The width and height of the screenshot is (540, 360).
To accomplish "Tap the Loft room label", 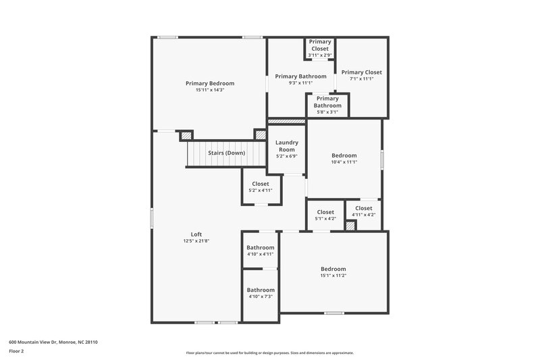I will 196,234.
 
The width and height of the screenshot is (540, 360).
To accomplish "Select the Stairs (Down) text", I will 226,153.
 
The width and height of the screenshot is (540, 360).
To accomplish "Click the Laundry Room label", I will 287,146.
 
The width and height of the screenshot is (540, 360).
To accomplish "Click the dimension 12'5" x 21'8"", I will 196,241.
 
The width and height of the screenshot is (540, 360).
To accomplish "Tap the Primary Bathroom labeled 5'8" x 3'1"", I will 328,102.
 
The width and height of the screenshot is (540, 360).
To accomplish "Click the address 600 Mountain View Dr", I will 53,342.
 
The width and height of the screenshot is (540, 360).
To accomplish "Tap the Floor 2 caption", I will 16,351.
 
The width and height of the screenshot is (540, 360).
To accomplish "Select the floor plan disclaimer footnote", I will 269,353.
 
